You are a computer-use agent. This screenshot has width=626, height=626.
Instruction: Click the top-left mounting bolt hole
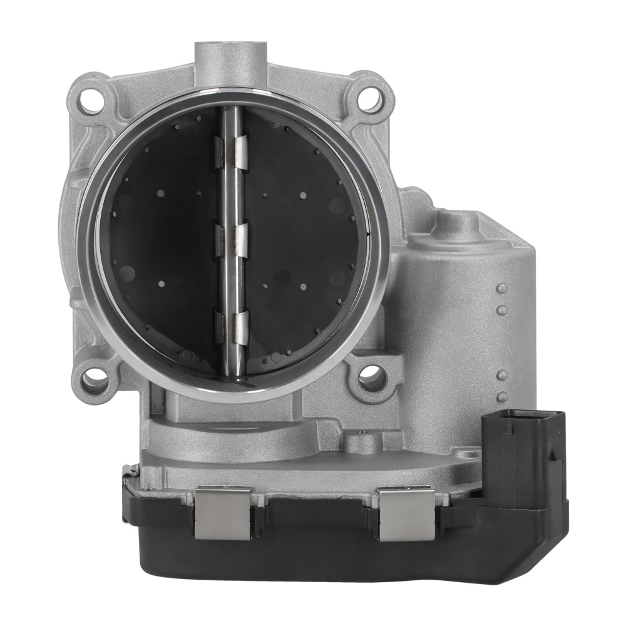point(91,101)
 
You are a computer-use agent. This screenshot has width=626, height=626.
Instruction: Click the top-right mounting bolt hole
point(371,98)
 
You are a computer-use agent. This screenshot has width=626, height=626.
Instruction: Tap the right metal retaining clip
point(406,514)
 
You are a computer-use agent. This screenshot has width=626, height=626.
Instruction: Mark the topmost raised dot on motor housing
point(501,289)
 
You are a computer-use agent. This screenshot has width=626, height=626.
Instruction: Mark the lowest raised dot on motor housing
point(502,397)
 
